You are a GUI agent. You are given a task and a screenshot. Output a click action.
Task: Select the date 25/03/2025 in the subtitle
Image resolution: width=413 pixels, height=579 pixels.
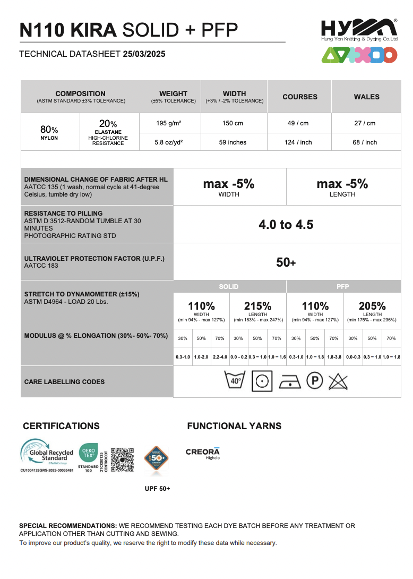144,54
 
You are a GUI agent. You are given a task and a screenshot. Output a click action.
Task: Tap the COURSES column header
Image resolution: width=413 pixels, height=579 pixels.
300,97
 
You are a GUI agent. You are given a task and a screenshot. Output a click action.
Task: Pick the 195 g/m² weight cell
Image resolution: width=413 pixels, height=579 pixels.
169,123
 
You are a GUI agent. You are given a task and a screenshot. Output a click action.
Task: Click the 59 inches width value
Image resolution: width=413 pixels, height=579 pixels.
233,142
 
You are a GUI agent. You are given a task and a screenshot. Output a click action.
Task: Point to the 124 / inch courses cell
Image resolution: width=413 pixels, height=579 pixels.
298,142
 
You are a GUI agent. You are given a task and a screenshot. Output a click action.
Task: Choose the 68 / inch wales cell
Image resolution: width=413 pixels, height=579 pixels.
365,142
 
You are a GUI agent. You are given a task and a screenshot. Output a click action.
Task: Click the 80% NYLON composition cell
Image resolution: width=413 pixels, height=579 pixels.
49,132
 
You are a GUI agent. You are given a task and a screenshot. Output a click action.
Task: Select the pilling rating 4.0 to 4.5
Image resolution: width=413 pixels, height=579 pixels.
286,225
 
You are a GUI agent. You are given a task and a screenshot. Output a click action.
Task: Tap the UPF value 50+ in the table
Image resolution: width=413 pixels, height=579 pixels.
286,262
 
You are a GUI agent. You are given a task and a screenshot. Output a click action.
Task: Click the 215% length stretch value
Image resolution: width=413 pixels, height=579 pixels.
257,306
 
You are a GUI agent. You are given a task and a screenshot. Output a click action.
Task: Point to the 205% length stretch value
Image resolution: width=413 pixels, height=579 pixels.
372,306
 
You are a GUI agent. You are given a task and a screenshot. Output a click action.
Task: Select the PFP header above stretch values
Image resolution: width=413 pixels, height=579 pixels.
343,287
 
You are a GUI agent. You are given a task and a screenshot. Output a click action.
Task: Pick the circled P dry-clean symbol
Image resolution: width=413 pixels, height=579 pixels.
315,381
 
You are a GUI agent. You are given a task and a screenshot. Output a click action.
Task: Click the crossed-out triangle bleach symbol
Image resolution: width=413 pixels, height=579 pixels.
338,381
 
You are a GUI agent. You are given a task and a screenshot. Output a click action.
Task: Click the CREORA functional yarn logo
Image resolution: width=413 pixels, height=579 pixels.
202,453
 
